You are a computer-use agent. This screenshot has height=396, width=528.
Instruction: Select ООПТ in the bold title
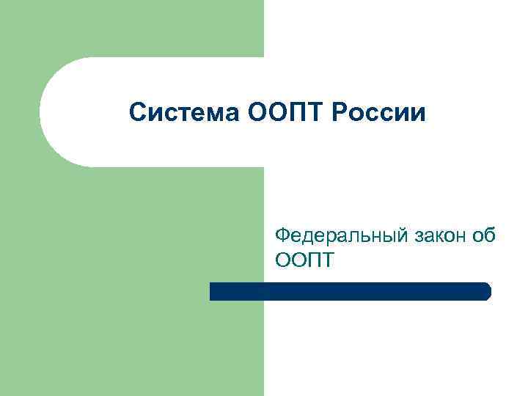coord(269,113)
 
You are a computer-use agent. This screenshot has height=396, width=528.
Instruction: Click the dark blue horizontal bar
coord(349,291)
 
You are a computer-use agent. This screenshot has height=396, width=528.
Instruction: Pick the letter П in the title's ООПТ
coord(282,113)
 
